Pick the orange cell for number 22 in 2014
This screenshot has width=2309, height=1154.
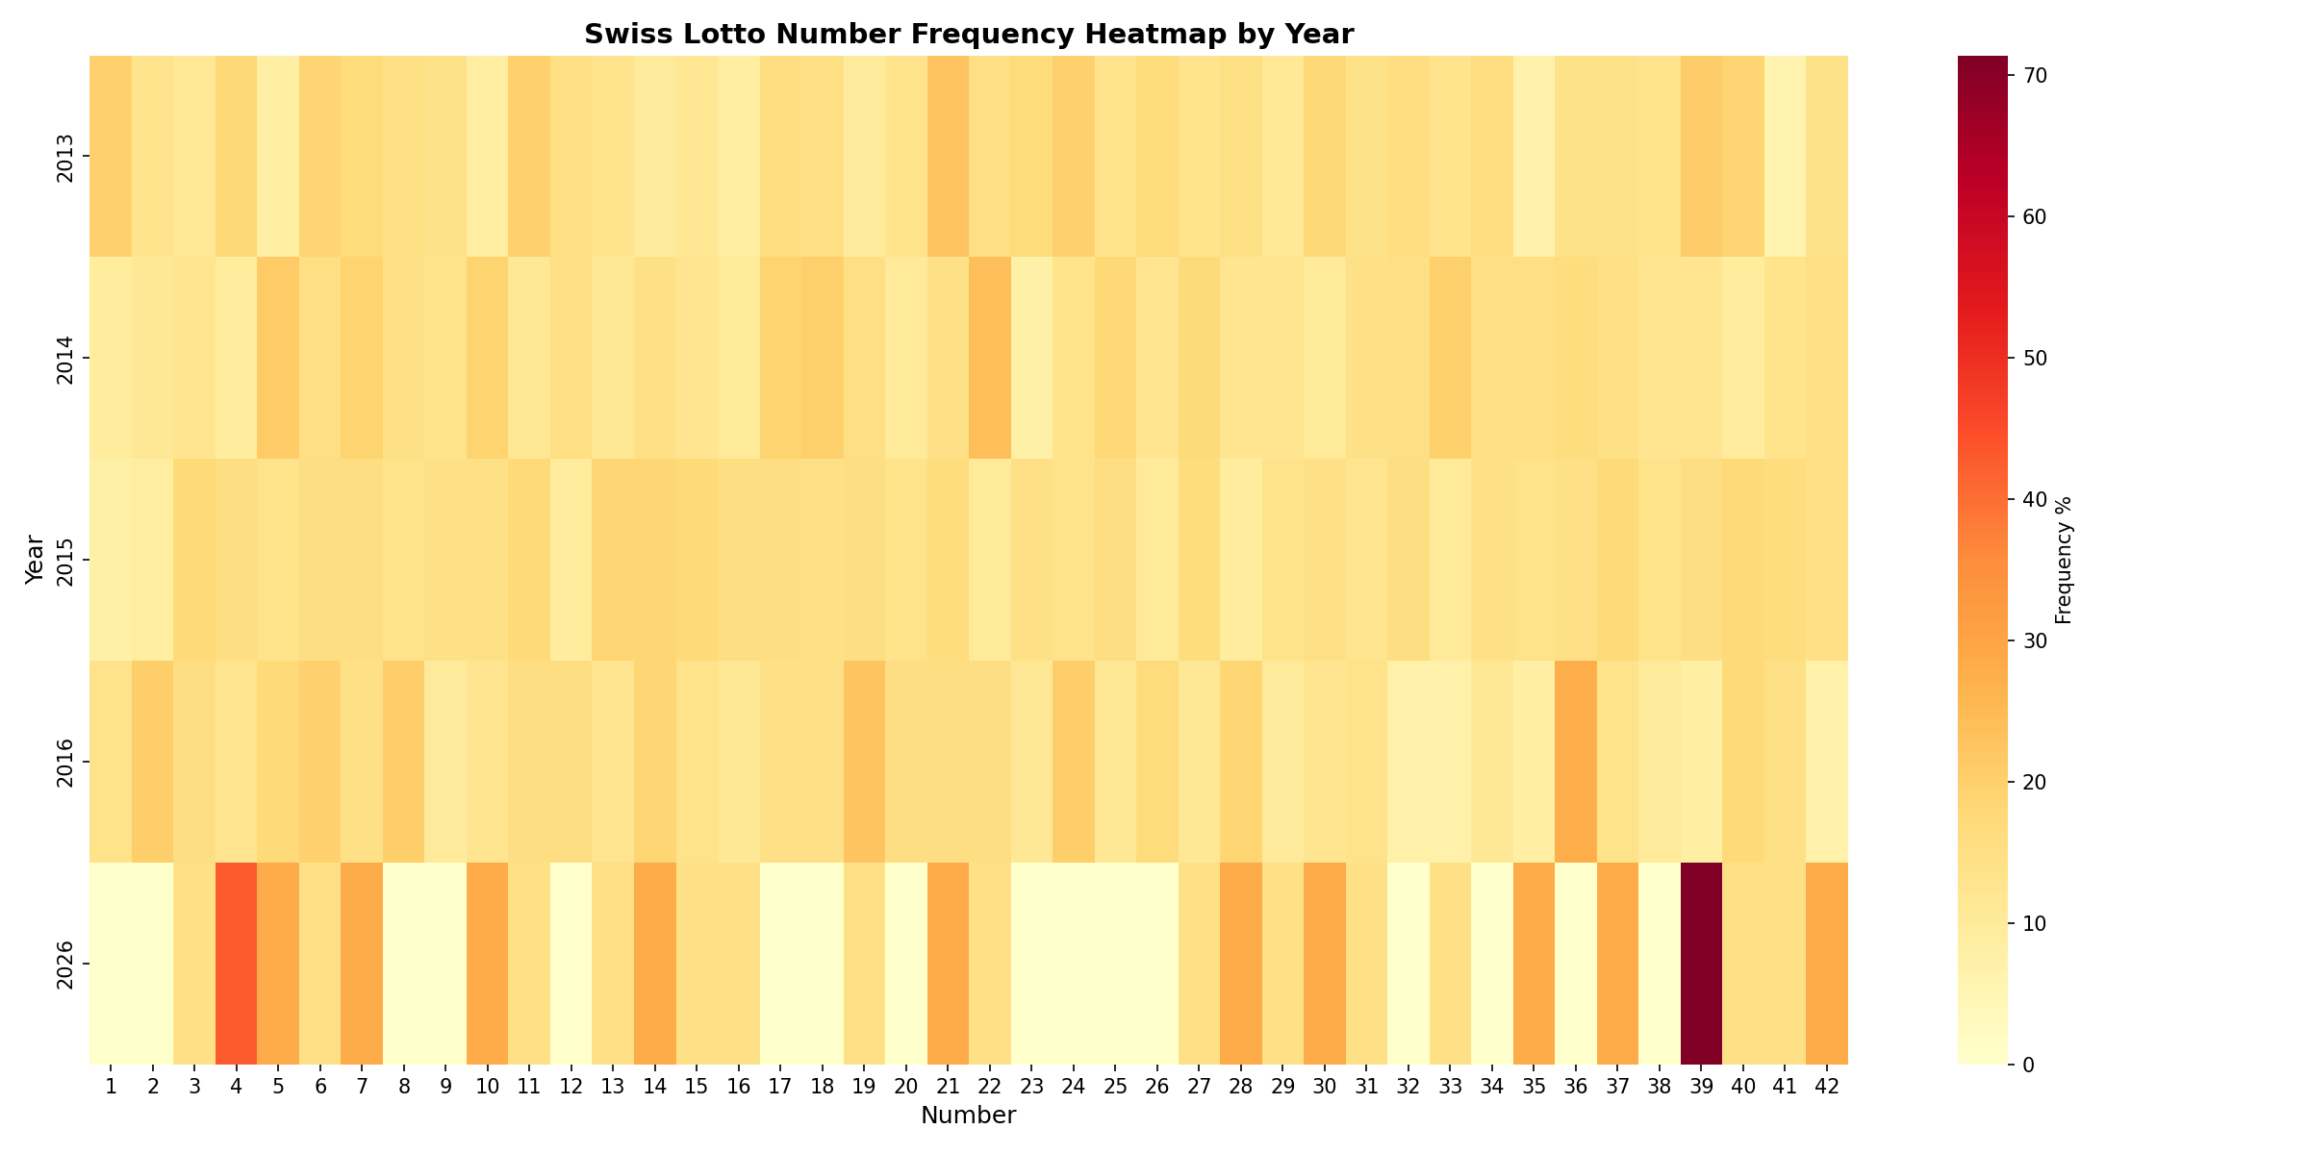(x=990, y=358)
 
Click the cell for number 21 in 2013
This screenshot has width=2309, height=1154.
(x=948, y=156)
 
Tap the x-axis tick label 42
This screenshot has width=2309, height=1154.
(x=1827, y=1086)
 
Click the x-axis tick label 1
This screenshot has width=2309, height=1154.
(x=111, y=1086)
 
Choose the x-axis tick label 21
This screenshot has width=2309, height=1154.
(x=948, y=1086)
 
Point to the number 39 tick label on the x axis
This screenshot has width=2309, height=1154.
(x=1701, y=1086)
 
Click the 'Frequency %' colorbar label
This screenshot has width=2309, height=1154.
(x=2063, y=560)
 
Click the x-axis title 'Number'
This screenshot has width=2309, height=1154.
(x=968, y=1116)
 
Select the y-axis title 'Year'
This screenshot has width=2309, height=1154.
(x=35, y=560)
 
